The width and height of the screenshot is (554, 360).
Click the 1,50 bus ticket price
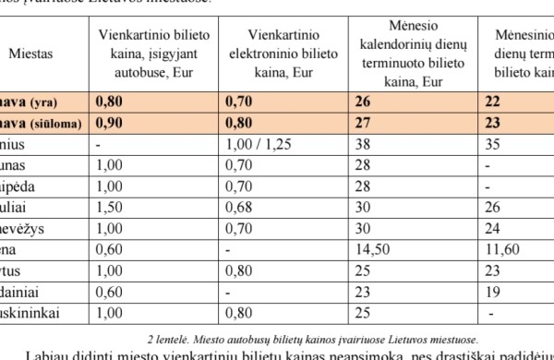108,207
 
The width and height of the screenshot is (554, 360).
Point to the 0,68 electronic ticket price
238,207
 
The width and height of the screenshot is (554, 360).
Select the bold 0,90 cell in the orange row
107,122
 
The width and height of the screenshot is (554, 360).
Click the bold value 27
361,122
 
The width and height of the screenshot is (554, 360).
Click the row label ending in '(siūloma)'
42,122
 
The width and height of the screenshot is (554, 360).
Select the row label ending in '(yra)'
32,101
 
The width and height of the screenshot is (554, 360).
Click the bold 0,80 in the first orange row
107,101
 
